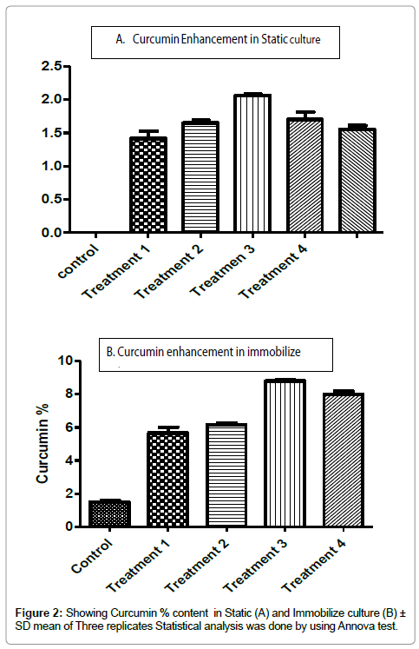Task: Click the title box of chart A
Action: coord(215,43)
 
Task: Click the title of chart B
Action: coord(203,352)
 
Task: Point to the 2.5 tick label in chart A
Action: coord(52,66)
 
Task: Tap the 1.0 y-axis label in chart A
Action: coord(52,166)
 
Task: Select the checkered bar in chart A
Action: coord(148,184)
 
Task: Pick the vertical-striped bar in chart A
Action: coord(252,163)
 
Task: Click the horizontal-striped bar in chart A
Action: coord(200,176)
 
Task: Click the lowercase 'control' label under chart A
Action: coord(79,262)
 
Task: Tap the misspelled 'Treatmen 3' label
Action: coord(223,270)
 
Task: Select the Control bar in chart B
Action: coord(109,513)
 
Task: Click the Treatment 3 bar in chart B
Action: coord(285,454)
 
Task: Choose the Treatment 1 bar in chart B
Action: coord(167,479)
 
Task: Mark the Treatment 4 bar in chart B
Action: coord(344,460)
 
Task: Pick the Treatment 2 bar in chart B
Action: coord(226,475)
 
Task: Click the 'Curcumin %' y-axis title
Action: coord(43,443)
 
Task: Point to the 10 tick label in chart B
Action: coord(65,361)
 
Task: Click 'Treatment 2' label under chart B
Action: coord(197,566)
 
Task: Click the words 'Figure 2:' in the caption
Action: coord(39,613)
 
